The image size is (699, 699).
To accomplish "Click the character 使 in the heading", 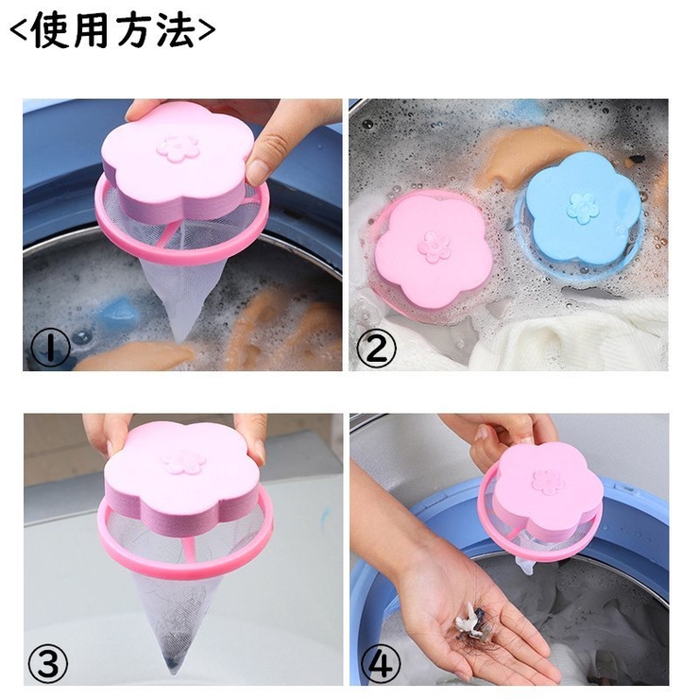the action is pos(52,30).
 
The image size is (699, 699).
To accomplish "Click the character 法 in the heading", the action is pos(175,30).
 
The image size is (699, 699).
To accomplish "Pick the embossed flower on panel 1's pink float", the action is pos(178,148).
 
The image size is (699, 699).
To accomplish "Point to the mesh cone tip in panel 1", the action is pos(179,336).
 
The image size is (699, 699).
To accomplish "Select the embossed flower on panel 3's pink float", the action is pos(184,462).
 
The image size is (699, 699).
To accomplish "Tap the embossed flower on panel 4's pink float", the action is pos(548,482).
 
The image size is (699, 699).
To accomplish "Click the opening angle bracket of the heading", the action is pos(20,31).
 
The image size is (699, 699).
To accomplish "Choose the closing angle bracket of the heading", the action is pos(206,31).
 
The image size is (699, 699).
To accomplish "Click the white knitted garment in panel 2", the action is pos(566,339).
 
